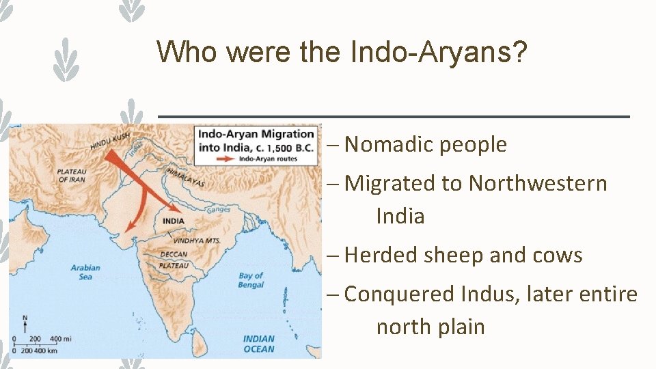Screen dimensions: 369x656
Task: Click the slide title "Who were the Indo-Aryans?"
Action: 342,51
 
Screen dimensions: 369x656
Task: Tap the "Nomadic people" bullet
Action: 426,145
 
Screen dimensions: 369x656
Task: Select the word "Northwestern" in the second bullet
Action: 538,183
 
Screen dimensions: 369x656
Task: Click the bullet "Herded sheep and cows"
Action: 463,256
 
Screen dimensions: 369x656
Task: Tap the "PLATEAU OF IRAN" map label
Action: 72,175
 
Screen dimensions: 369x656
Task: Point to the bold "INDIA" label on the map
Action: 174,221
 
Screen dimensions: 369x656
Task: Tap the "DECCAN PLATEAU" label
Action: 173,259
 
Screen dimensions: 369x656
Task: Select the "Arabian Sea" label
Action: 85,272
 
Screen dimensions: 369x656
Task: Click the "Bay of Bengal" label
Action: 251,280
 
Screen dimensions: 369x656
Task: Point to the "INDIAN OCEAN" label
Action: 258,344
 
